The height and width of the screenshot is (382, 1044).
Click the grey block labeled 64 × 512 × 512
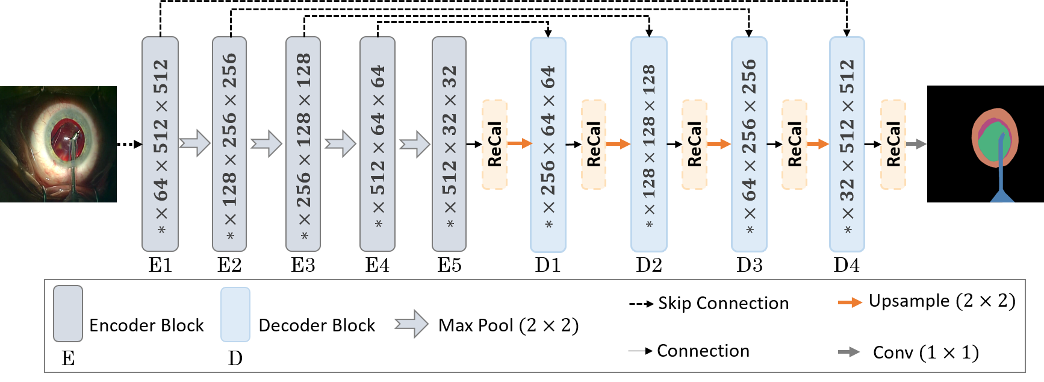[x=160, y=143]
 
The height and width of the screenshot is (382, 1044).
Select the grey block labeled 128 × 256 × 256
[x=229, y=143]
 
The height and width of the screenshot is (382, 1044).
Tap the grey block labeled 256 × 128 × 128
[x=303, y=143]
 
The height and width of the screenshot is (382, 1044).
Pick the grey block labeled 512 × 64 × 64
[x=378, y=143]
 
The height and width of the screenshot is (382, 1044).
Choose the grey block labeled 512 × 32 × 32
[x=449, y=143]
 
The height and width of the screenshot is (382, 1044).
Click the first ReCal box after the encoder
[x=494, y=145]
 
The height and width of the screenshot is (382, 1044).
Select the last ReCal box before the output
[x=893, y=145]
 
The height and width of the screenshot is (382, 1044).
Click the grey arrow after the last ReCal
[x=917, y=144]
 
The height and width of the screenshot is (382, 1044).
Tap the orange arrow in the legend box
[x=850, y=302]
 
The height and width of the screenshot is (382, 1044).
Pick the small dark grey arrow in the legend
[x=849, y=352]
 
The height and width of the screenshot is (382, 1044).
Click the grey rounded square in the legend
[x=68, y=314]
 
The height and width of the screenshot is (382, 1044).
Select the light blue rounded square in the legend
[x=235, y=315]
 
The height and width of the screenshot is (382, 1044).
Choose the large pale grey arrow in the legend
[x=412, y=324]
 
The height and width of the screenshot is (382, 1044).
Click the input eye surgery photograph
[x=58, y=144]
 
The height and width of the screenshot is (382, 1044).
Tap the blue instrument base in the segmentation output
[x=1002, y=196]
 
